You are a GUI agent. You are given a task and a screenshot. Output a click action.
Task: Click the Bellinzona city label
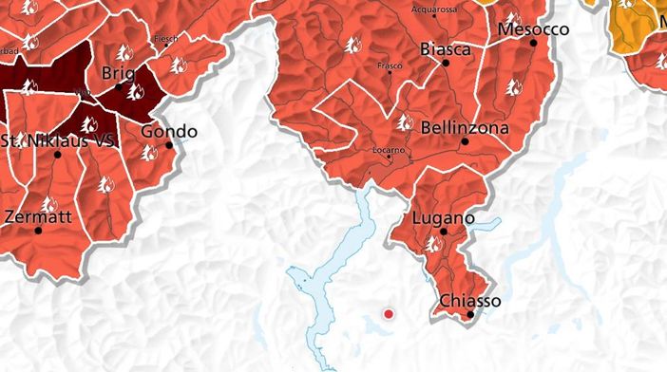(x=465, y=127)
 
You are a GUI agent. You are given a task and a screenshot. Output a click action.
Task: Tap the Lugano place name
(x=444, y=218)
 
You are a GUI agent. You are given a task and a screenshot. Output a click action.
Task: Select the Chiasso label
(x=469, y=301)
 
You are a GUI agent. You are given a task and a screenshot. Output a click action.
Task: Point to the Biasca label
(x=445, y=49)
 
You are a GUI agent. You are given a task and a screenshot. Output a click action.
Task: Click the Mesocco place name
(x=533, y=29)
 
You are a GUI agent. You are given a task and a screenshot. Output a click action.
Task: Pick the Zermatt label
(x=38, y=216)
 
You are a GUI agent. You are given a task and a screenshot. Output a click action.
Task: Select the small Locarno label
(x=389, y=150)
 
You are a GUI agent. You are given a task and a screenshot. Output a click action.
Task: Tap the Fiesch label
(x=166, y=40)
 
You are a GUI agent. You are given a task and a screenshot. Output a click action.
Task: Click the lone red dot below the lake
(x=388, y=313)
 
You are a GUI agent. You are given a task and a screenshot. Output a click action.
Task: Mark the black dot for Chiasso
(x=469, y=315)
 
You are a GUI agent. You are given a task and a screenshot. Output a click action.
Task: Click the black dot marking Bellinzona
(x=465, y=141)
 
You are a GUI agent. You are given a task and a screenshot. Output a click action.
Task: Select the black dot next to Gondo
(x=169, y=145)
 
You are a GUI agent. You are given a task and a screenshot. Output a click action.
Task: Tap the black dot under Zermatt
(x=38, y=231)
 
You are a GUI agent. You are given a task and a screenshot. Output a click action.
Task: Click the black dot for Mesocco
(x=533, y=43)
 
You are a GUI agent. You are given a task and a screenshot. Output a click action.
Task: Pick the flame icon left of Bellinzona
(x=404, y=121)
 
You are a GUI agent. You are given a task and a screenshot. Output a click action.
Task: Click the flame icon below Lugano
(x=434, y=244)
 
